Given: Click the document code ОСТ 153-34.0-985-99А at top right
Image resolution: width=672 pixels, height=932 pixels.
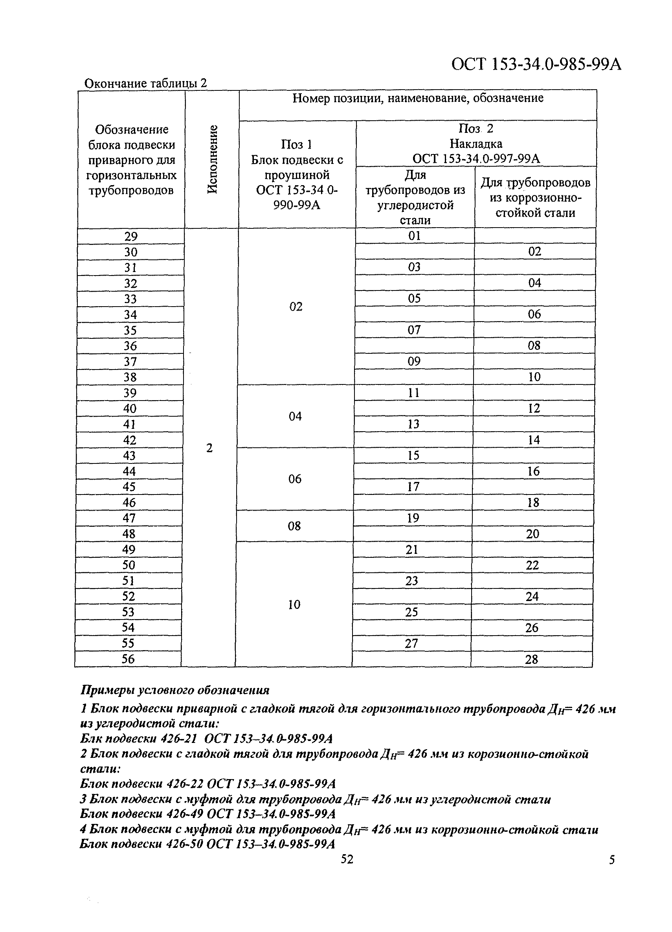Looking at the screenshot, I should click(536, 64).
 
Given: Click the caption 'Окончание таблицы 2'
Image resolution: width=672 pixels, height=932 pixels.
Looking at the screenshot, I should click(145, 83).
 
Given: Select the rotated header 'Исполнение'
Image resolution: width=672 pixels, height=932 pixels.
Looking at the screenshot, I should click(212, 160).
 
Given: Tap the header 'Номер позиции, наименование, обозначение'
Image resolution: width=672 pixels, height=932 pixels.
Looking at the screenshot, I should click(418, 98).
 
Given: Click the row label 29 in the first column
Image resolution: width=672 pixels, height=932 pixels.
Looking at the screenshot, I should click(131, 237).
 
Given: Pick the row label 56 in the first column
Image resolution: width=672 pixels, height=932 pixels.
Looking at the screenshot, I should click(128, 659).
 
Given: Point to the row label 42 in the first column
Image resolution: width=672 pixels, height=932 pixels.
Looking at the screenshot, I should click(130, 440).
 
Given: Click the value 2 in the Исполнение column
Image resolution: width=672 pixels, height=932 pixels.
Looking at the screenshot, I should click(209, 448).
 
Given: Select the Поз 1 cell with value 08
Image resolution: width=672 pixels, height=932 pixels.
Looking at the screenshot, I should click(294, 526).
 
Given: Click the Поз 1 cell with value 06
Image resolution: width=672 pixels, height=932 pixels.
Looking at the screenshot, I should click(294, 479).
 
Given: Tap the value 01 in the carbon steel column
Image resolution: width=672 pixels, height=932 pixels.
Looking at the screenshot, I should click(415, 236).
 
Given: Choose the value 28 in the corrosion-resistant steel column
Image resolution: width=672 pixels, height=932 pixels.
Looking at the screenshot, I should click(532, 660).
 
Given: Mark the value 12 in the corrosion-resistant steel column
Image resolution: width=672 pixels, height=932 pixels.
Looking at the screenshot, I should click(534, 408).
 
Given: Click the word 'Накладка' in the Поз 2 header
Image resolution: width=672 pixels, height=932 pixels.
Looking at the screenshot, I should click(476, 144).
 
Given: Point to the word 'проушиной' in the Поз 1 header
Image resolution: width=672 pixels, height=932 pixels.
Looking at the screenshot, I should click(297, 175).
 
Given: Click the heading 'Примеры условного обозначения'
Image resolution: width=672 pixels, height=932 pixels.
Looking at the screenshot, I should click(175, 690).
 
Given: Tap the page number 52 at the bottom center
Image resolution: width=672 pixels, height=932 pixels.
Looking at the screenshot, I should click(347, 859).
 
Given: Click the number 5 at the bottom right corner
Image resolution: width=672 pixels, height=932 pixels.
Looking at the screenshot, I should click(611, 860).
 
